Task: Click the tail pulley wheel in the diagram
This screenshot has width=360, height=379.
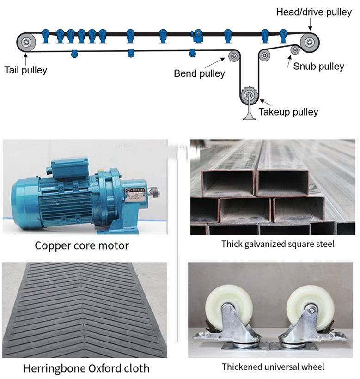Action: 26,43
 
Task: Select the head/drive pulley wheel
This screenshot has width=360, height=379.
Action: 308,41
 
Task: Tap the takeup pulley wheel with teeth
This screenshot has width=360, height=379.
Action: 249,96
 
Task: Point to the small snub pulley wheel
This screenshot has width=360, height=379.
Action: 294,50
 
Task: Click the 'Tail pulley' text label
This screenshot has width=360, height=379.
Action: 26,70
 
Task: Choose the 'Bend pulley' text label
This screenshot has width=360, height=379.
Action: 199,73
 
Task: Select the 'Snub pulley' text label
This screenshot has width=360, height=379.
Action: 318,67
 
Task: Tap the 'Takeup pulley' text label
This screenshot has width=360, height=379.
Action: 288,112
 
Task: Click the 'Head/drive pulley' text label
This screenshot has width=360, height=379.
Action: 314,12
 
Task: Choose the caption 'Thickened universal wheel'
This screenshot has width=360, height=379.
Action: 273,367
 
